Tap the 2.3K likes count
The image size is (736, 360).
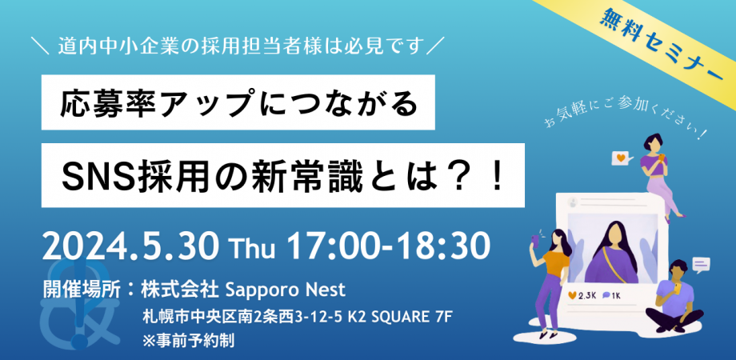tap(587, 296)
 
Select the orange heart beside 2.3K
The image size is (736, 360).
tap(570, 296)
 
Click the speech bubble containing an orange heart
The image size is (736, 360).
tap(618, 158)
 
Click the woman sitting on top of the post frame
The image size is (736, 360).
tap(657, 172)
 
